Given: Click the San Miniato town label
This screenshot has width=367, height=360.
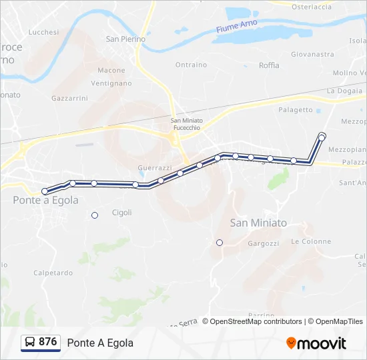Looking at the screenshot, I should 258,223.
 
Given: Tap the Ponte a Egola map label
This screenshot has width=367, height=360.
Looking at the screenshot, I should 45,200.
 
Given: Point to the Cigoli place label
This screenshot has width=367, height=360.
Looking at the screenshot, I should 122,213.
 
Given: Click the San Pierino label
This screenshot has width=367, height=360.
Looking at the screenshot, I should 125,39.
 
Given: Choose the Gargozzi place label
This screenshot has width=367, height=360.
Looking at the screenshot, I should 263,244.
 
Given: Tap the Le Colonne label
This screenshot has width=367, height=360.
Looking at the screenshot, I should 311,241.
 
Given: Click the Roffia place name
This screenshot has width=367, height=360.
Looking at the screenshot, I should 269,65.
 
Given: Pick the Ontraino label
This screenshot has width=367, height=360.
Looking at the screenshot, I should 191,65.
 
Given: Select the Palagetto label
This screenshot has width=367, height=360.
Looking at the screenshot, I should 296,110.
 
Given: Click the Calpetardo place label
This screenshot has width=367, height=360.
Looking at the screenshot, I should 53,273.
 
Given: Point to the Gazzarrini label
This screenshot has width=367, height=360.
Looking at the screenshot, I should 69,98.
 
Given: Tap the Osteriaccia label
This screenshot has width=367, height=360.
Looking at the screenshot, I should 312,7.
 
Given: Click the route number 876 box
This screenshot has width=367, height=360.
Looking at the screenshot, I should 47,342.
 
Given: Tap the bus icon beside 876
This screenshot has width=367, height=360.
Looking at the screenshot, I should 30,343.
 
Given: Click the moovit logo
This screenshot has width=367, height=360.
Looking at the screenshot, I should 316,343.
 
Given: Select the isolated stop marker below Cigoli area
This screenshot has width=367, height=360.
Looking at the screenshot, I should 95,215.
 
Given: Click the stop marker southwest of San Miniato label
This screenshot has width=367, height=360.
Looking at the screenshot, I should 220,243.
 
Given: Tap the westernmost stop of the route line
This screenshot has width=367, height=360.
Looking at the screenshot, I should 45,191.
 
